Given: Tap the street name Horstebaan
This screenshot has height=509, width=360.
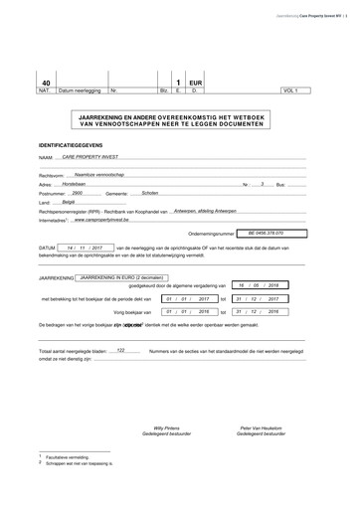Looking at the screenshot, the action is (76, 184).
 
